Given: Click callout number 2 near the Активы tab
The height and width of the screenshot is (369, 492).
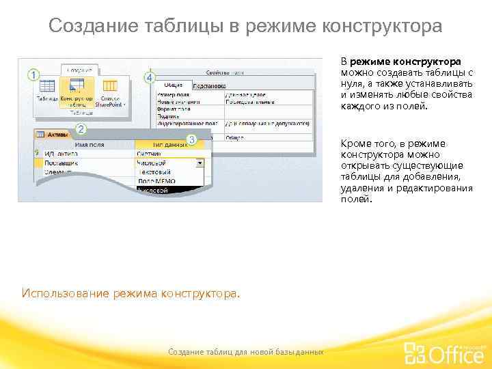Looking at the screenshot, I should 80,128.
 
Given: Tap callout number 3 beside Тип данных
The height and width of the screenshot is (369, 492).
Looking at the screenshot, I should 192,140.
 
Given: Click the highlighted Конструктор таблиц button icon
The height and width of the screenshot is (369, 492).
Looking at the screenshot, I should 77,85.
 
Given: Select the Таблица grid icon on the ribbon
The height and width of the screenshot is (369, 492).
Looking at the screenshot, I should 46,86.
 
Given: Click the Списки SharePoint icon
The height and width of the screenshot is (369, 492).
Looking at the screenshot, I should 110,86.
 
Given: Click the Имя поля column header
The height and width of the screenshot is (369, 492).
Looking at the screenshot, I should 89,144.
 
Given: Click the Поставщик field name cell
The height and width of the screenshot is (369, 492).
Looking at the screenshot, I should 61,163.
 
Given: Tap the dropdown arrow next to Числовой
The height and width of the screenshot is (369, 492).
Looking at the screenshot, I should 200,163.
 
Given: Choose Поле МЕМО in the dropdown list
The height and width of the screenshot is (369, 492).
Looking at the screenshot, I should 156,181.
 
